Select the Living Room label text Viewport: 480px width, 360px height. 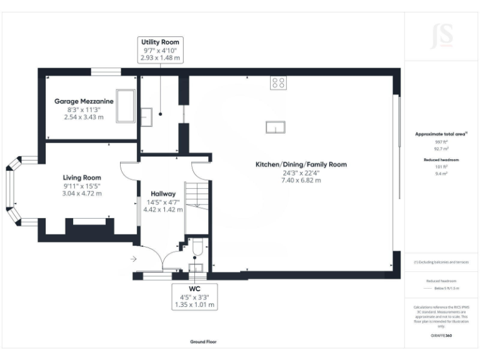[x=82, y=177]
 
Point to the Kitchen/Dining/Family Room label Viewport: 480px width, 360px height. [x=301, y=164]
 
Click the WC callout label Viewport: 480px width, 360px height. [x=194, y=289]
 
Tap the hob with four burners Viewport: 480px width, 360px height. [x=277, y=82]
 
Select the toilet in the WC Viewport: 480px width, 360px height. [x=196, y=251]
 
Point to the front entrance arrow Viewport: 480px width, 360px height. [x=134, y=257]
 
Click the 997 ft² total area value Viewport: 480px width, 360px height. [x=442, y=142]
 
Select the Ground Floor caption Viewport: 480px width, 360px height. [x=203, y=342]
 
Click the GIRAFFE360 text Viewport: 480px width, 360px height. [x=442, y=336]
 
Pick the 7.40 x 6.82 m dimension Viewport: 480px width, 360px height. [x=301, y=180]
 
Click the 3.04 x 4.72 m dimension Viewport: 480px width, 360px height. [x=82, y=193]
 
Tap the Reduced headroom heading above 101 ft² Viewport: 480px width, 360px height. [x=442, y=160]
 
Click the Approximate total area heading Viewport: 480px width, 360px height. [x=441, y=134]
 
